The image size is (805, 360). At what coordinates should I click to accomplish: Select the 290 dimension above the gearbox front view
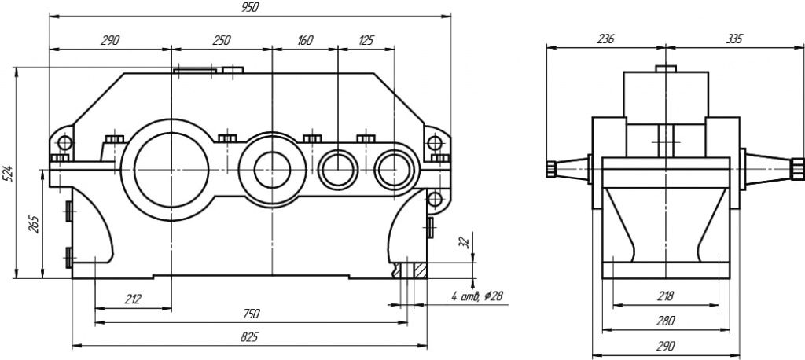[110, 40]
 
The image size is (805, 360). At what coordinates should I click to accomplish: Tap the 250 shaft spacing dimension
[221, 40]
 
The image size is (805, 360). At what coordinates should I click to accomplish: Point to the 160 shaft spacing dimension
[304, 40]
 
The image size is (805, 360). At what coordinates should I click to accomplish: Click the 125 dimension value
[366, 40]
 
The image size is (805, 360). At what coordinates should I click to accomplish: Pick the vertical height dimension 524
[8, 174]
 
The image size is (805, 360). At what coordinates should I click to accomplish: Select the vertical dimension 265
[33, 223]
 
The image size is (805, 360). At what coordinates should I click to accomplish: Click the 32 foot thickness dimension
[463, 241]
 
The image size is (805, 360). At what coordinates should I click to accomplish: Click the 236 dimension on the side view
[605, 39]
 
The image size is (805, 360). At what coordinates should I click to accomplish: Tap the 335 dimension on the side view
[734, 39]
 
